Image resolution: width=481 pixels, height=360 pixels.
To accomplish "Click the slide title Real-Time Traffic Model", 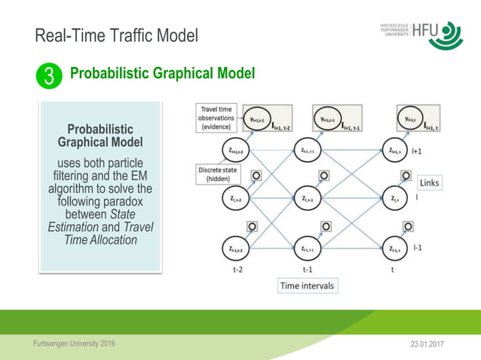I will (116, 35).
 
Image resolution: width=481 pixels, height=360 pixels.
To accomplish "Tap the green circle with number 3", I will (48, 75).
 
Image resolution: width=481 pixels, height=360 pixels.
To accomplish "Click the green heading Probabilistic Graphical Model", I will (162, 74).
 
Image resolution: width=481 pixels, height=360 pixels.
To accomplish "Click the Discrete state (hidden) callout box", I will (218, 174).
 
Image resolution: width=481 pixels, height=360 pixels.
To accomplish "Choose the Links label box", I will (429, 183).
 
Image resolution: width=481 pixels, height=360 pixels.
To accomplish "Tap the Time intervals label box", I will (307, 285).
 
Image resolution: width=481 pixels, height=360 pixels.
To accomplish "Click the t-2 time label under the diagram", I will (237, 268).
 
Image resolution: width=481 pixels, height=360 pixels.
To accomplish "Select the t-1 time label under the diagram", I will (308, 268).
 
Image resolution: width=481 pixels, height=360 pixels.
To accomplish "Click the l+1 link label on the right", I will (417, 151).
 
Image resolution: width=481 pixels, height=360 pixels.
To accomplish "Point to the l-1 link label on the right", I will (417, 247).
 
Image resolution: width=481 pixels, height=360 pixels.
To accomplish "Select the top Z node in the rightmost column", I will (396, 151).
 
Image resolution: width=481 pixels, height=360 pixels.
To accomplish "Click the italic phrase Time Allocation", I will (100, 240).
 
